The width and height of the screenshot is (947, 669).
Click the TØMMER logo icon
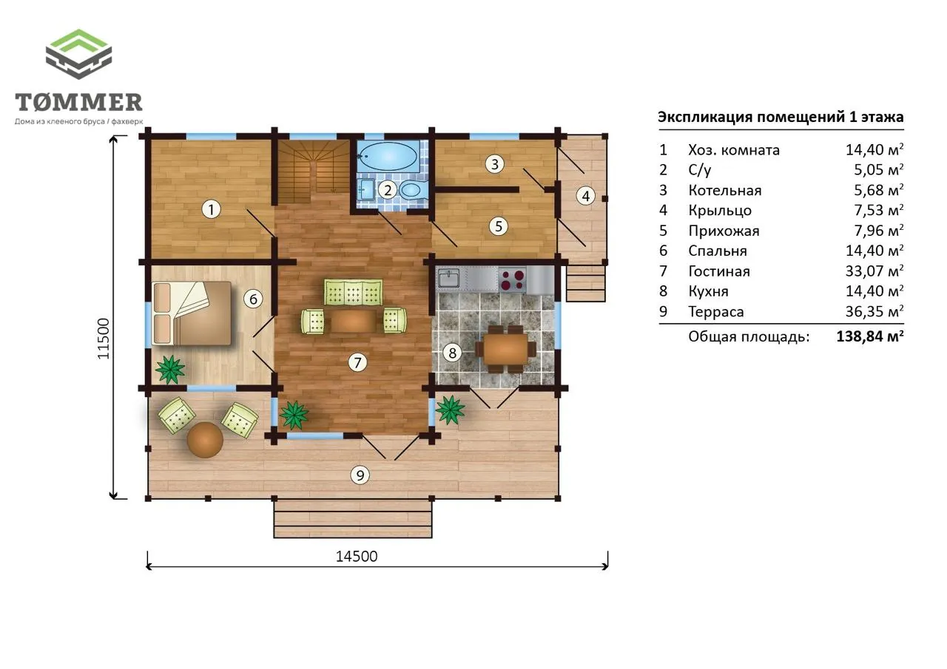[78, 54]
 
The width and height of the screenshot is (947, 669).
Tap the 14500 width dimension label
[357, 556]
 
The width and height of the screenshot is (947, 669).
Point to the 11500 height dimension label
[104, 339]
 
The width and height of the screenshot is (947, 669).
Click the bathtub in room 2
[388, 156]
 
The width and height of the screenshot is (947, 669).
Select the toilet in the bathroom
[411, 190]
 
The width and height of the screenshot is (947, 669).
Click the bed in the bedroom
[192, 313]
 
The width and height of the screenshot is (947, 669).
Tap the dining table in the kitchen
[505, 349]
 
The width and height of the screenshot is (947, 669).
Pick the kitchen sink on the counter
[448, 279]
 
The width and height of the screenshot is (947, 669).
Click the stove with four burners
[512, 280]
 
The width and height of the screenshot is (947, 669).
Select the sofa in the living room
[354, 292]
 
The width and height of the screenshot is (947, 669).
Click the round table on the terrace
[205, 440]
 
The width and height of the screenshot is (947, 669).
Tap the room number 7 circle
[357, 362]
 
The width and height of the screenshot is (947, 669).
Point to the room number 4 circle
[585, 196]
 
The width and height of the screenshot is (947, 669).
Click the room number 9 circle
[360, 475]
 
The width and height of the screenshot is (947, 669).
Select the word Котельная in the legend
[724, 191]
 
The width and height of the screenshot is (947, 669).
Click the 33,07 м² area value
[874, 271]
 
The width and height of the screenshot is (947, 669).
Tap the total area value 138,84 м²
[870, 336]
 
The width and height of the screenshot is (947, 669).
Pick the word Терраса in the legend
[715, 312]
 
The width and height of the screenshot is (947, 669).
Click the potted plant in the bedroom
[170, 370]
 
